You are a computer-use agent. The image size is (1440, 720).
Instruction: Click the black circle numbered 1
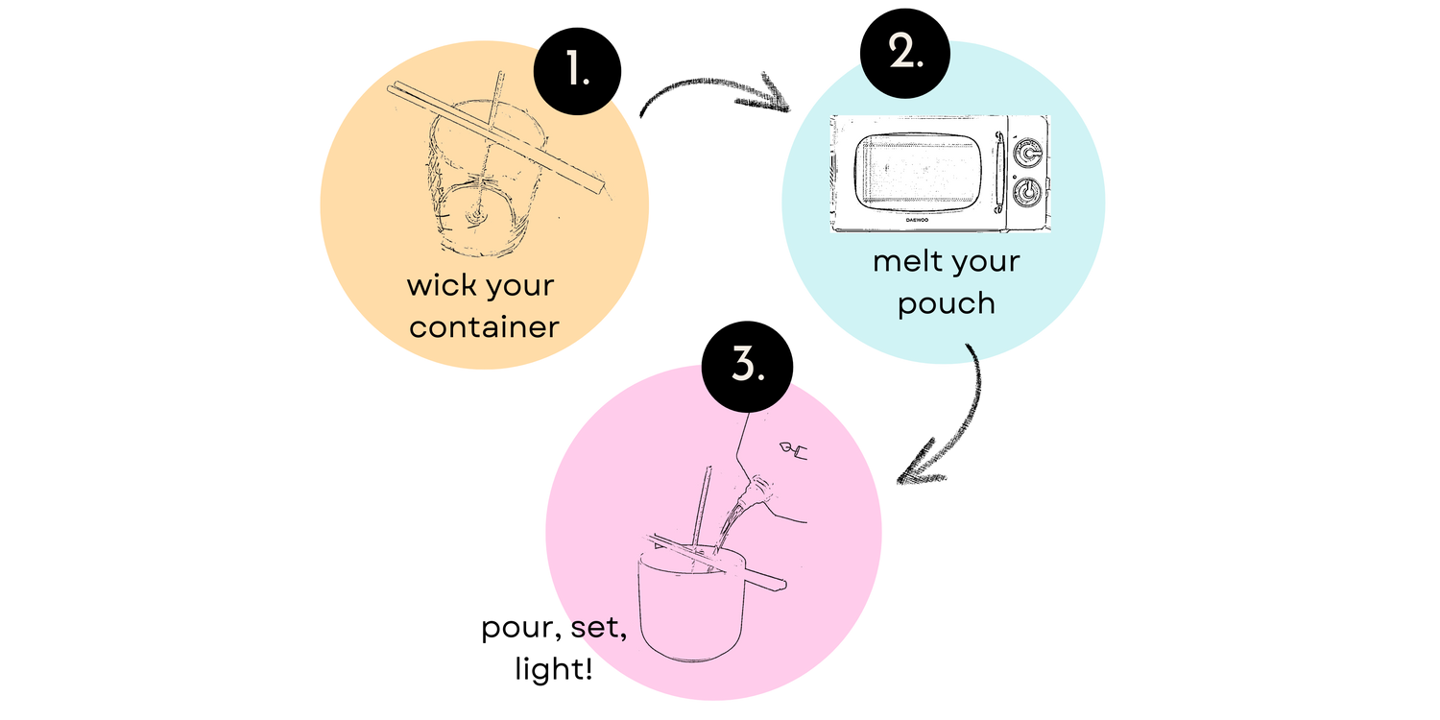tap(577, 71)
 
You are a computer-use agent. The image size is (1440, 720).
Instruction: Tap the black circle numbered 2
tap(905, 54)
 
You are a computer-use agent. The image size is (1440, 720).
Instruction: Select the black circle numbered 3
tap(747, 367)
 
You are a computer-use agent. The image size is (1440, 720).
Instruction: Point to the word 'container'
tap(484, 327)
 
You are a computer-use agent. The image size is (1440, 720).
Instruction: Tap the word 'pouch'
tap(947, 304)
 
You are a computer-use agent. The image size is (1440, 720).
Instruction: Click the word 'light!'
tap(554, 668)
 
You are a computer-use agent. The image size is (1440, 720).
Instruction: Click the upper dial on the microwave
tap(1028, 153)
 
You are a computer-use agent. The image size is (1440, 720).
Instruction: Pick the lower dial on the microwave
tap(1028, 192)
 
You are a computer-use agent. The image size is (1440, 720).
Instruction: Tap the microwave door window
tap(918, 171)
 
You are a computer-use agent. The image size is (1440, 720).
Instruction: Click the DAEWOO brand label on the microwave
tap(918, 220)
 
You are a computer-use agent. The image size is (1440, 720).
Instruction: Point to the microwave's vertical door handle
tap(999, 172)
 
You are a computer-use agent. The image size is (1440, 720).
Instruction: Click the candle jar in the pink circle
tap(692, 604)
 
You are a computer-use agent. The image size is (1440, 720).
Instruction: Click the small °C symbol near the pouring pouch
tap(794, 450)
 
